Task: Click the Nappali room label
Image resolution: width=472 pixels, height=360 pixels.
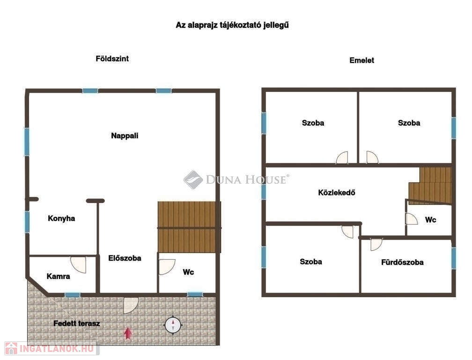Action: coord(125,136)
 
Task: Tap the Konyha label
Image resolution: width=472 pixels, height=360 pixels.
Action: coord(61,218)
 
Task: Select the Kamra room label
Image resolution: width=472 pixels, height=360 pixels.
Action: coord(59,276)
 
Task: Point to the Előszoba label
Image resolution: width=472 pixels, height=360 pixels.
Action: coord(125,258)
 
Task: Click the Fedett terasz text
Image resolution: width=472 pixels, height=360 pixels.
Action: coord(77,323)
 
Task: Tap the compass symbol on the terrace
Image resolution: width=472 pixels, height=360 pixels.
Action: coord(173,325)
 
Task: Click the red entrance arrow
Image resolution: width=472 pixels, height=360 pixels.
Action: coord(128,333)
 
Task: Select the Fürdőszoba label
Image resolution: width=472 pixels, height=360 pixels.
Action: coord(402,262)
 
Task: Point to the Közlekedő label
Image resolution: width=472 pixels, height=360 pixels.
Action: coord(337,193)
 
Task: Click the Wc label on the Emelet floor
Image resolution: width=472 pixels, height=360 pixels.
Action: coord(430,220)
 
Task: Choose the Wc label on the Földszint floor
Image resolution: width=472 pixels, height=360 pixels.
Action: coord(188,272)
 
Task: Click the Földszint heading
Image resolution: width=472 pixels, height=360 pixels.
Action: coord(112,59)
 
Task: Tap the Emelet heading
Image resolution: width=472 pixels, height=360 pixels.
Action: coord(362,60)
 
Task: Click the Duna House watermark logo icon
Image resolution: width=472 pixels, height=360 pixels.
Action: coord(193,180)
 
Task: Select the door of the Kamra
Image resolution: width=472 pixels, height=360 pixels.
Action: coord(78,264)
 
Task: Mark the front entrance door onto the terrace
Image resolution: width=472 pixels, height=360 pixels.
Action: coord(131,305)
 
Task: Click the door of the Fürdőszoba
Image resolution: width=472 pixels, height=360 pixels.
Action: coord(376,244)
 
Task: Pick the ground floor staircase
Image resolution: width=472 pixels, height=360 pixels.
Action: coord(189,227)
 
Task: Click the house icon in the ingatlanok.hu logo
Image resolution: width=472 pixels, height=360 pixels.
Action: coord(11,348)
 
